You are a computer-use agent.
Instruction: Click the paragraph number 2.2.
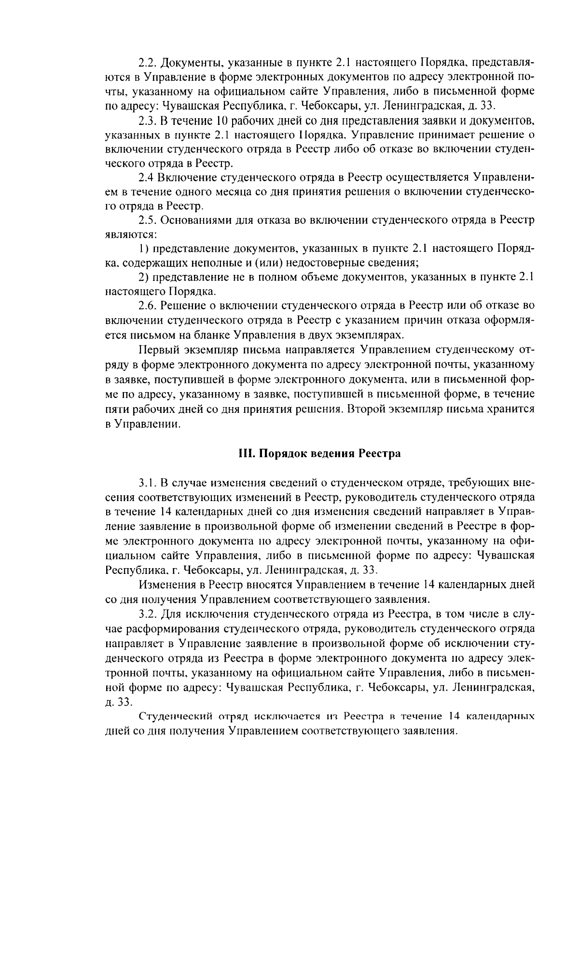[x=147, y=63]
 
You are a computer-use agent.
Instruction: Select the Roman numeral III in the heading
[x=247, y=454]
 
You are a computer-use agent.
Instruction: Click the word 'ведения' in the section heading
[x=333, y=454]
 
